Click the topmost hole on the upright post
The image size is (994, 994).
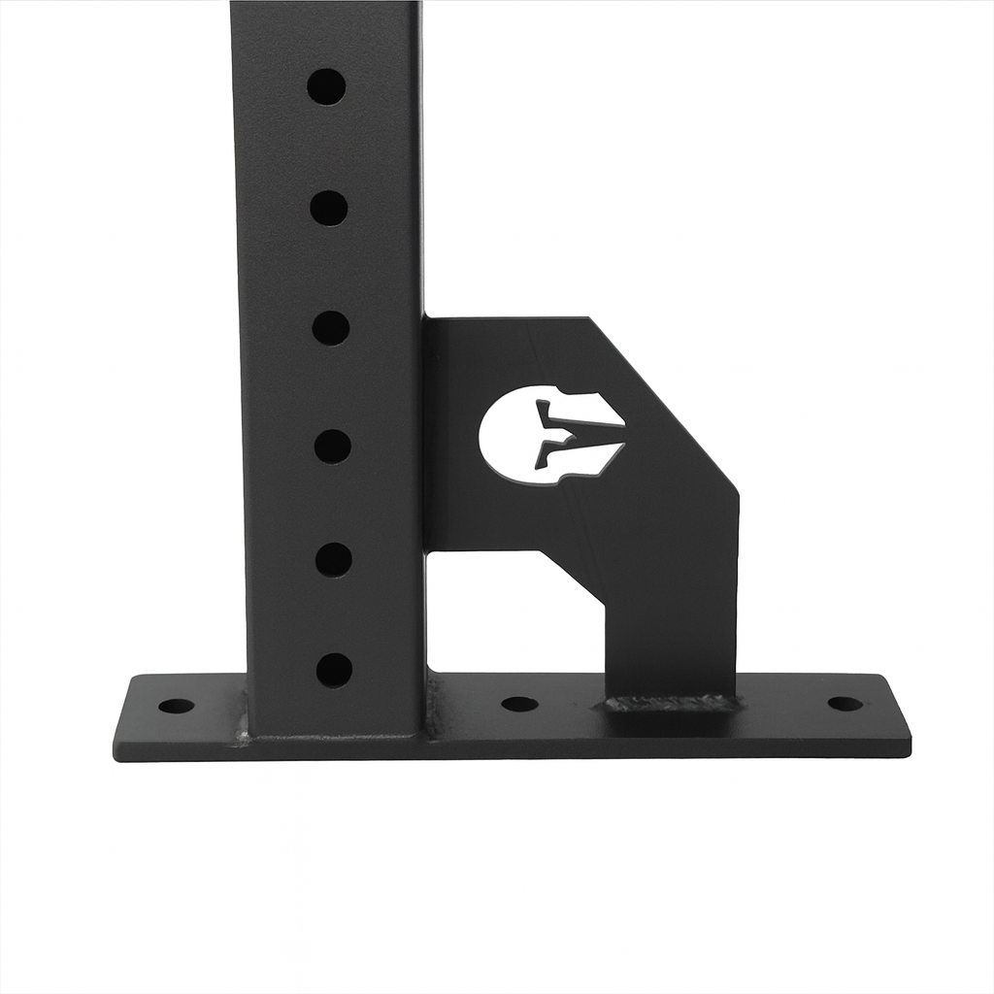(x=326, y=86)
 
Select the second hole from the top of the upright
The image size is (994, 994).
(x=329, y=208)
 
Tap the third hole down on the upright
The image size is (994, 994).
(x=331, y=328)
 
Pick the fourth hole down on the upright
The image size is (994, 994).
(x=333, y=447)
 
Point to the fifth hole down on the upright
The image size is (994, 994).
(x=334, y=560)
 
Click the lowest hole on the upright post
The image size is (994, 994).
(x=335, y=670)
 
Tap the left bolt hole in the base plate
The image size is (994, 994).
(x=176, y=706)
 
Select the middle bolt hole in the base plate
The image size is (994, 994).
(x=519, y=704)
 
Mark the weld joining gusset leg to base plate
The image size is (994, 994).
(x=670, y=702)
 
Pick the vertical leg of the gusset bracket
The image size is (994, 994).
(x=670, y=621)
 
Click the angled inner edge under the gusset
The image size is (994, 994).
(x=573, y=578)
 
